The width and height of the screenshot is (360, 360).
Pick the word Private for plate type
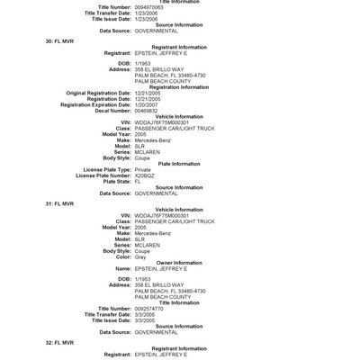146,168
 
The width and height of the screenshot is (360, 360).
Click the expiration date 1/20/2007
150,103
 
